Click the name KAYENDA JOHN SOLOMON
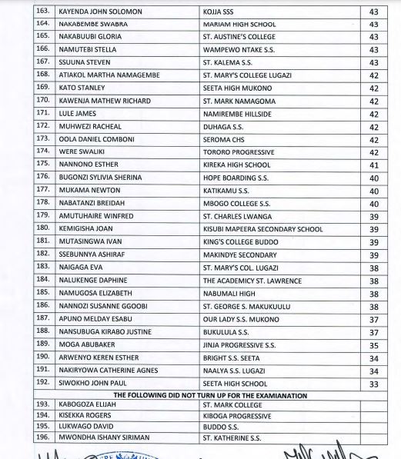click(x=99, y=12)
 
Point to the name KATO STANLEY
click(x=82, y=88)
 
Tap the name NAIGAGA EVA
click(x=80, y=268)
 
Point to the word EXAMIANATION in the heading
click(x=276, y=395)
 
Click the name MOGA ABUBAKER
click(x=86, y=345)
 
